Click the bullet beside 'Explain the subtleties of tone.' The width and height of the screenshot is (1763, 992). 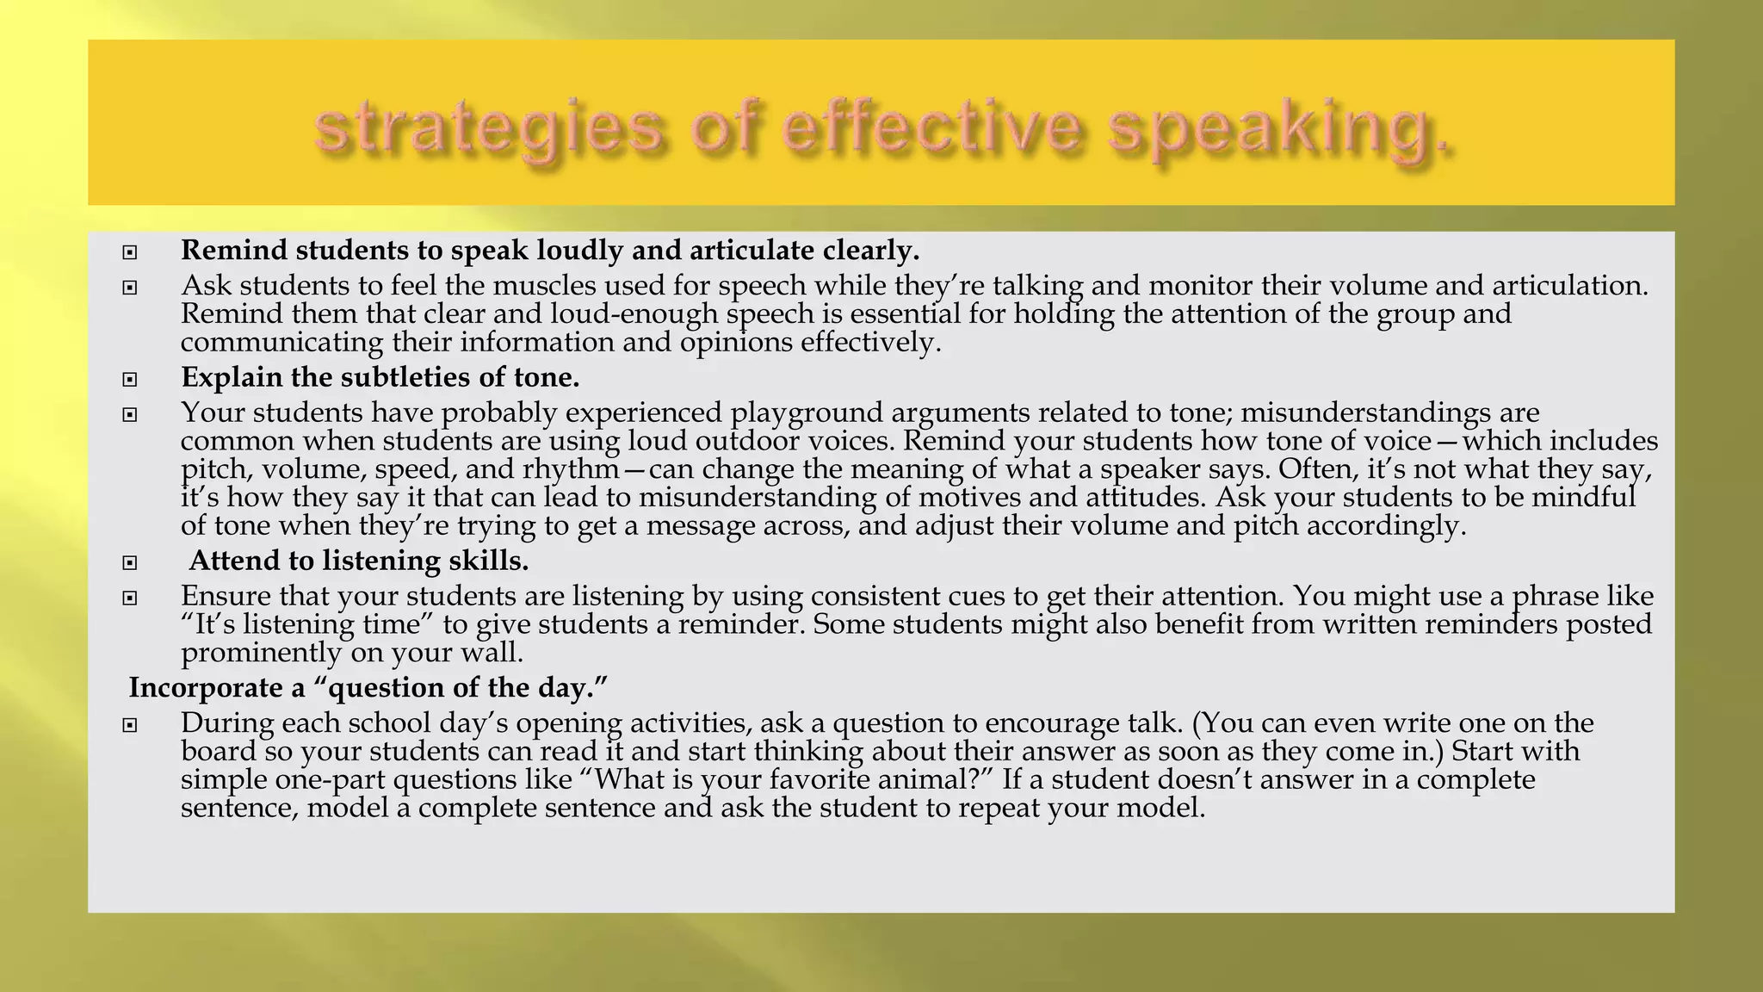(x=130, y=379)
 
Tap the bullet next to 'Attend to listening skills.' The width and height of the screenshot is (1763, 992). (x=130, y=562)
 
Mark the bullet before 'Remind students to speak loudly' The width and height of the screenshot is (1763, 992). (x=130, y=252)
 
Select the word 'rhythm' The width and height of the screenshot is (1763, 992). (x=571, y=469)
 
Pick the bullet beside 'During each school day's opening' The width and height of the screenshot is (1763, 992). (x=130, y=725)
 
